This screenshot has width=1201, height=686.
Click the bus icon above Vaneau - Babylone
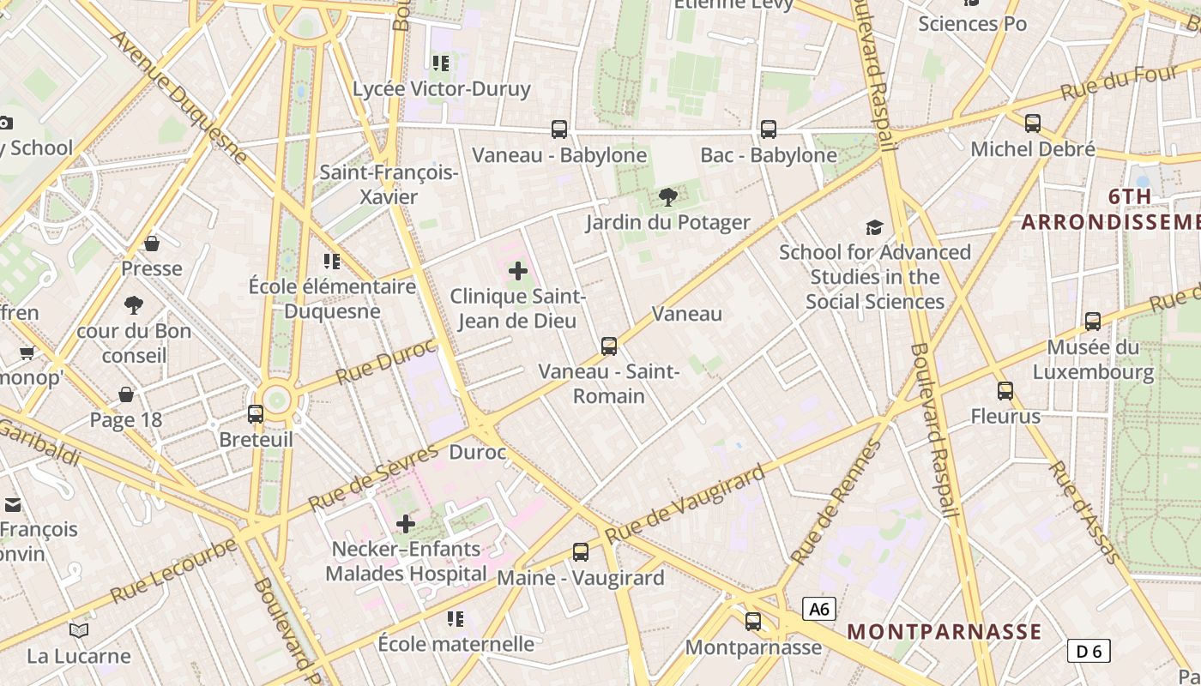coord(559,129)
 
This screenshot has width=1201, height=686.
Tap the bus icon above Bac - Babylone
coord(769,129)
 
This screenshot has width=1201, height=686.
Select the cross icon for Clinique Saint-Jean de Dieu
coord(518,271)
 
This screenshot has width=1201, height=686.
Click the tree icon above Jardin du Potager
coord(667,198)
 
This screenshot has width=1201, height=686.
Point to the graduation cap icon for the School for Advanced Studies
coord(874,227)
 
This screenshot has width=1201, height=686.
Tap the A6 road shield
coord(819,609)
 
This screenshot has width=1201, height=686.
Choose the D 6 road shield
coord(1089,651)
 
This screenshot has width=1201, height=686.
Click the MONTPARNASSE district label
coord(944,632)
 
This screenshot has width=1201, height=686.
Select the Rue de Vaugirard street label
coord(685,505)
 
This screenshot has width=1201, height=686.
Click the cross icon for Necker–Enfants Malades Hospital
coord(406,523)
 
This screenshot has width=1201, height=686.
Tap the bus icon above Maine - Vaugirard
coord(581,552)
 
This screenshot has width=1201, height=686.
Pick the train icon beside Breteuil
coord(256,414)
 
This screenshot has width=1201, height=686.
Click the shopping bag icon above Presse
coord(152,244)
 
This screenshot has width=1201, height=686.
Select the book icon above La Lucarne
coord(79,631)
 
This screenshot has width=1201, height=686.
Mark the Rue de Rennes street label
coord(836,502)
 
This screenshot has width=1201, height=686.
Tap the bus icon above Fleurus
coord(1005,391)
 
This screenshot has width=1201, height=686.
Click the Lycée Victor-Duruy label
coord(442,88)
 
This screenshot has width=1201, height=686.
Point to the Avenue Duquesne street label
coord(179,98)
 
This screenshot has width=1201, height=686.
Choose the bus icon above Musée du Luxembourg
coord(1093,322)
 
